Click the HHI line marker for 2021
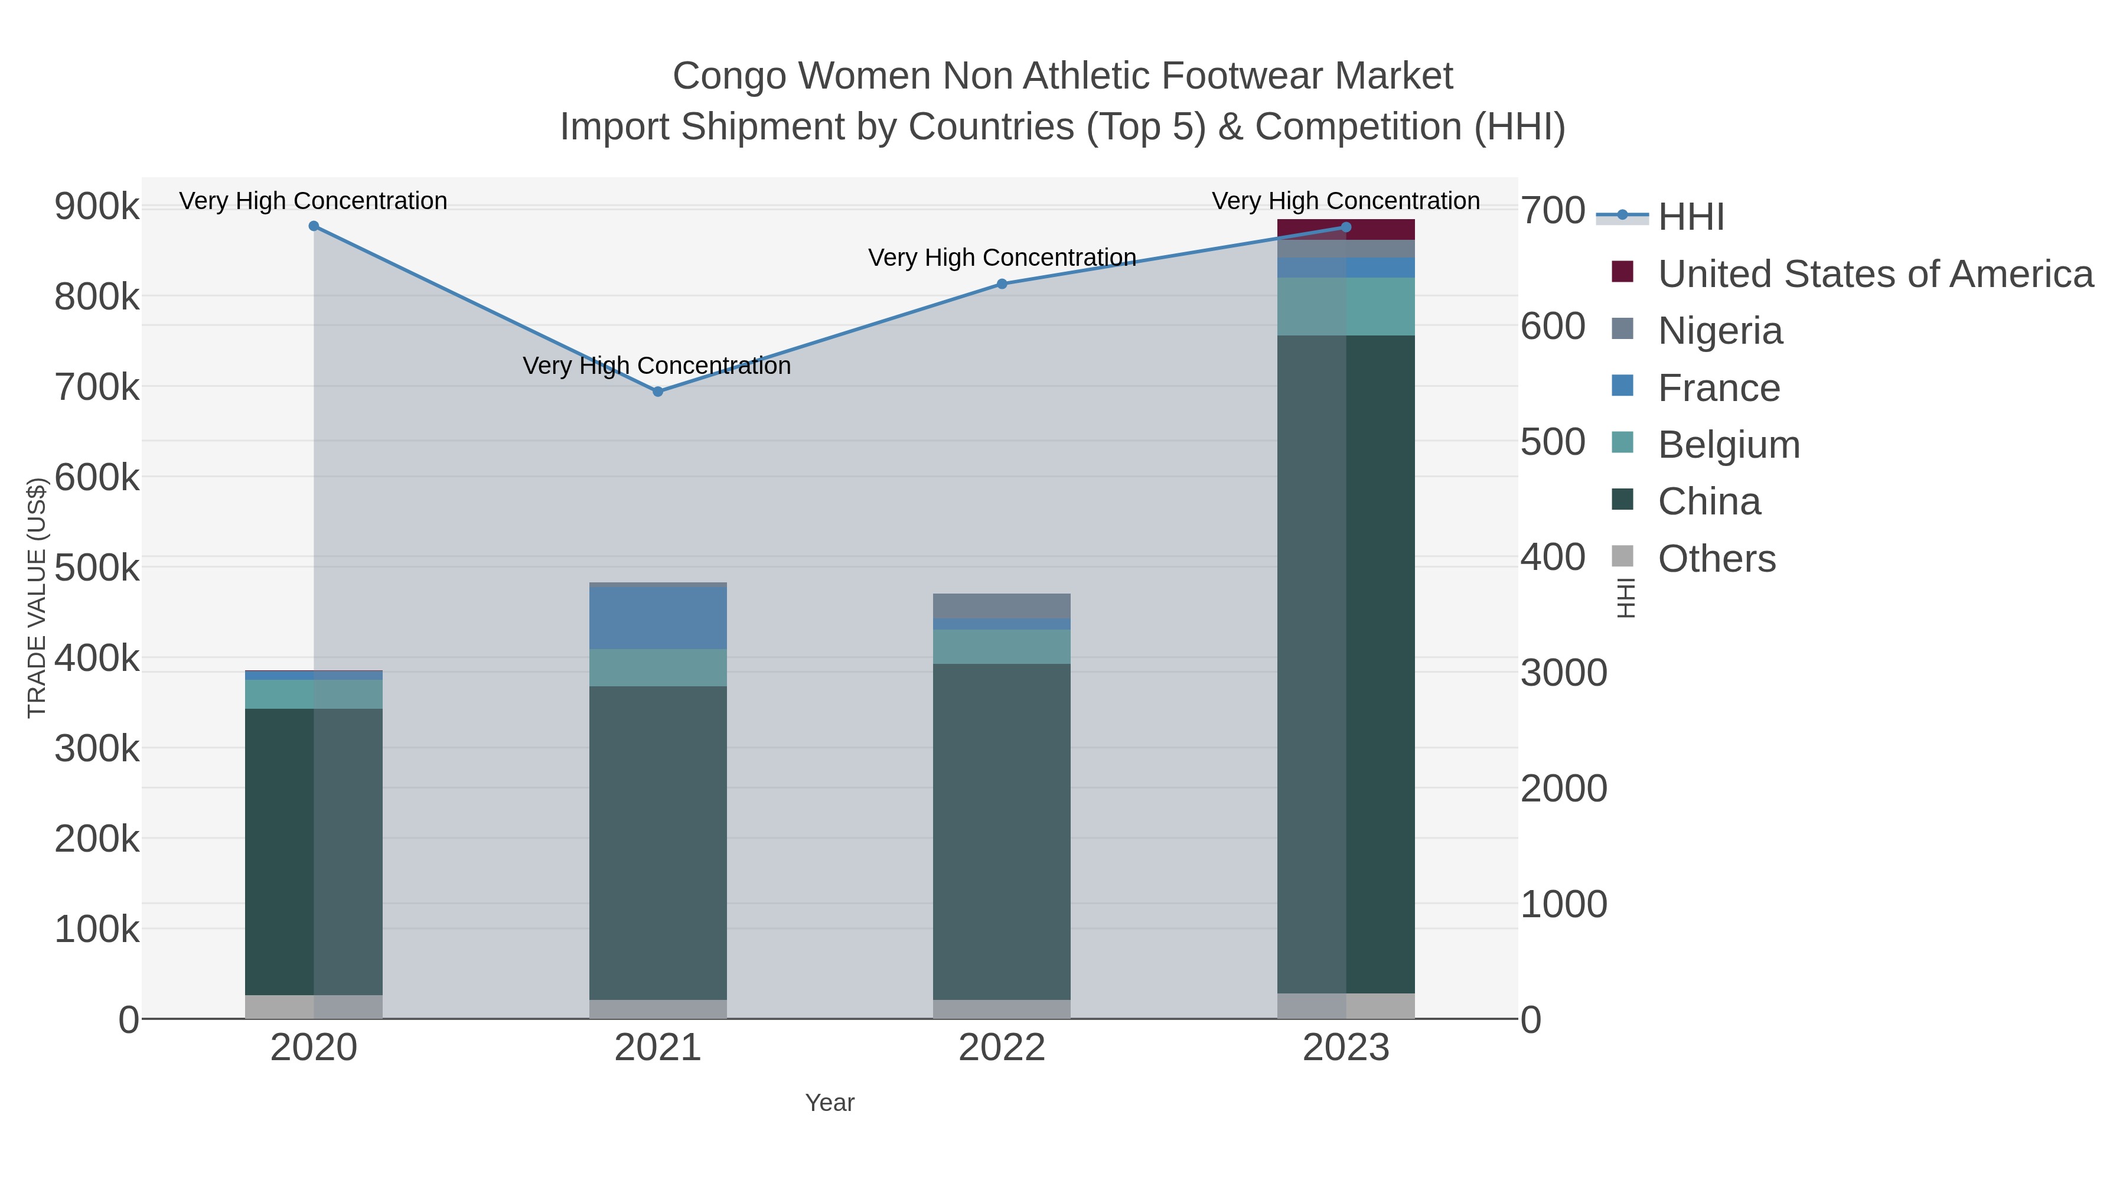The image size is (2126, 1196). [658, 391]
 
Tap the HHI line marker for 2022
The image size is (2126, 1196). [1002, 284]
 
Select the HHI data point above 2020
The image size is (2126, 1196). [314, 226]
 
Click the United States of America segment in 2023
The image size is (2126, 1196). [1346, 230]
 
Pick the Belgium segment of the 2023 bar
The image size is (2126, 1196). [1346, 306]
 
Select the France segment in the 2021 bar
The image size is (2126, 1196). [658, 617]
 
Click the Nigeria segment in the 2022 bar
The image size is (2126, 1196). [1002, 606]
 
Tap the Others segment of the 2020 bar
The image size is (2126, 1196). [314, 1006]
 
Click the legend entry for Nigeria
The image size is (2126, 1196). [1720, 331]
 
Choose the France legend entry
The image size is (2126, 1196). [1719, 388]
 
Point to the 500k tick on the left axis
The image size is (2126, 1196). [97, 568]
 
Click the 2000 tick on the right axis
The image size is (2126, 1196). [1563, 788]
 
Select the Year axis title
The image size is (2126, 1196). [830, 1103]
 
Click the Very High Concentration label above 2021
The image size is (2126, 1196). [657, 366]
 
